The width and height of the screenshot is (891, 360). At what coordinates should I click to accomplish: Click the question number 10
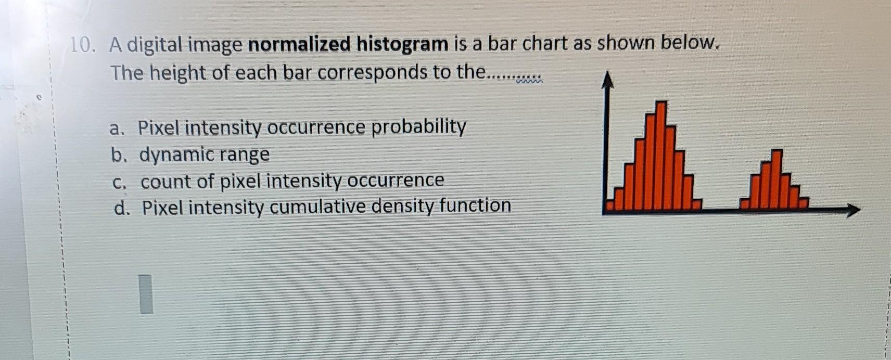pyautogui.click(x=82, y=45)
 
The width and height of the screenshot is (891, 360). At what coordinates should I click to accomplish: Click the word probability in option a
pyautogui.click(x=418, y=127)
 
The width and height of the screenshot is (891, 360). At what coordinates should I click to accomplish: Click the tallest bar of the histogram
pyautogui.click(x=660, y=155)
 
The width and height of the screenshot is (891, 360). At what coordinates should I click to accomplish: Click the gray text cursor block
pyautogui.click(x=146, y=294)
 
